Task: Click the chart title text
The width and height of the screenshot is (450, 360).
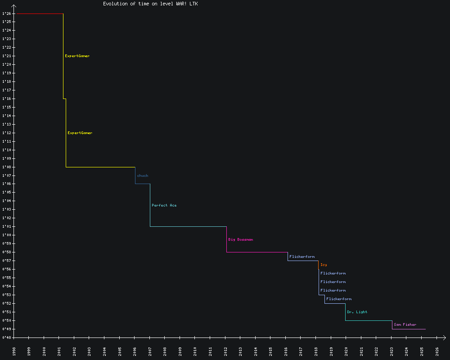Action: pos(150,4)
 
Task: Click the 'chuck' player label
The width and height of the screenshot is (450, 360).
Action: pos(143,175)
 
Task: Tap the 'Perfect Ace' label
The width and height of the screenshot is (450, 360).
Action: pos(164,205)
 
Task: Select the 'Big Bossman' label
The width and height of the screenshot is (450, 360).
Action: pos(241,239)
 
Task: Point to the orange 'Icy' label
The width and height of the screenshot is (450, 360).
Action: pos(324,265)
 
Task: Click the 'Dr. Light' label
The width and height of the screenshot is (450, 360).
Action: pos(357,312)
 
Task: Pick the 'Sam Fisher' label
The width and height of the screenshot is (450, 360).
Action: pos(405,324)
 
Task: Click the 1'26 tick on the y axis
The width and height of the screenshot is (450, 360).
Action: pos(6,13)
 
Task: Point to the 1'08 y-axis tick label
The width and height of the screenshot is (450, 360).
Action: pos(6,167)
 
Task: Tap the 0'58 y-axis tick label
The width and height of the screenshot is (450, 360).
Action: pos(6,252)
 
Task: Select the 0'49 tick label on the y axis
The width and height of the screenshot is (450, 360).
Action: pos(6,329)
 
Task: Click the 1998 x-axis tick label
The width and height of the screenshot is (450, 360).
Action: pos(14,351)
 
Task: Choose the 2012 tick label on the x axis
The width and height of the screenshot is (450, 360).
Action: pos(226,351)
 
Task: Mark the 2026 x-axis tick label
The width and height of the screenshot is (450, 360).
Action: pos(437,351)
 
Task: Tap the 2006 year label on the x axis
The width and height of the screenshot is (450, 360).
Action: pos(135,351)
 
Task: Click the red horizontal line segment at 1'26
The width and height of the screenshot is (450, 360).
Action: pos(39,13)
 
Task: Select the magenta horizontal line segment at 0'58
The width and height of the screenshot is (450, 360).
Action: pos(257,252)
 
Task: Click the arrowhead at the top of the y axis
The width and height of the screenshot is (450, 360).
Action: pos(14,6)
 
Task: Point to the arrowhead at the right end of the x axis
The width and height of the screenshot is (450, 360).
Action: pos(445,337)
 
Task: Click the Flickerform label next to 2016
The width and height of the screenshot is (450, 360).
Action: pos(302,256)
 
